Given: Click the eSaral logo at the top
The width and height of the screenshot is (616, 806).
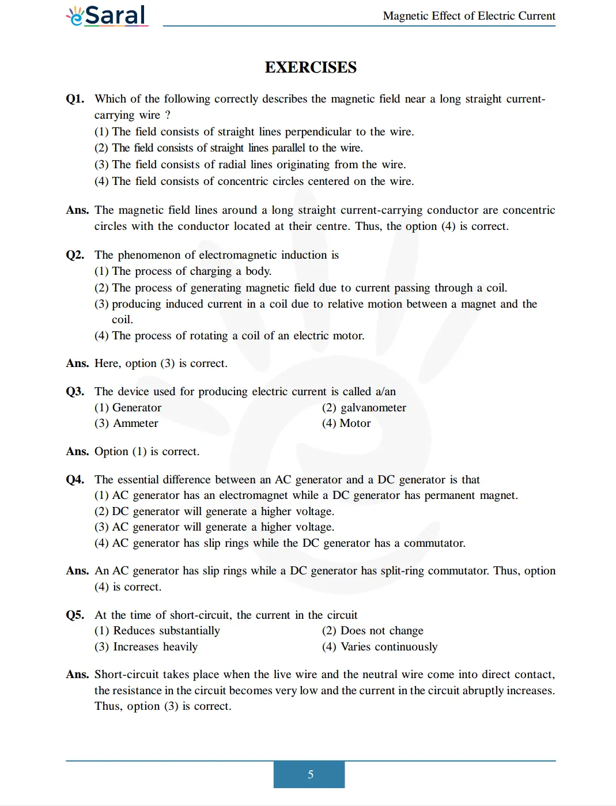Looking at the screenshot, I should tap(107, 16).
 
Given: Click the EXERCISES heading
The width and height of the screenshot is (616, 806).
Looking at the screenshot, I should tap(311, 67).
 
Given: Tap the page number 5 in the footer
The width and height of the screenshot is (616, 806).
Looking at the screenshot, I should tap(310, 774).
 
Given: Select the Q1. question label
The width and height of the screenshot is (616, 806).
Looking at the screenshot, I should tap(75, 99).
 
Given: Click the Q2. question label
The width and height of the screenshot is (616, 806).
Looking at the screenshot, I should tap(75, 255).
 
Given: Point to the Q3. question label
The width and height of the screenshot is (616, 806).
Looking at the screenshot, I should tap(75, 391).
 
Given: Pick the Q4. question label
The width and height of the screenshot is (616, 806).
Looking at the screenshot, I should tap(75, 479).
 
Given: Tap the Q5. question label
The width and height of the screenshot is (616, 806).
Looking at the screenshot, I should tap(75, 615).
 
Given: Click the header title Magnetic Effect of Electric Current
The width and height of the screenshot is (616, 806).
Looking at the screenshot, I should tap(469, 16).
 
